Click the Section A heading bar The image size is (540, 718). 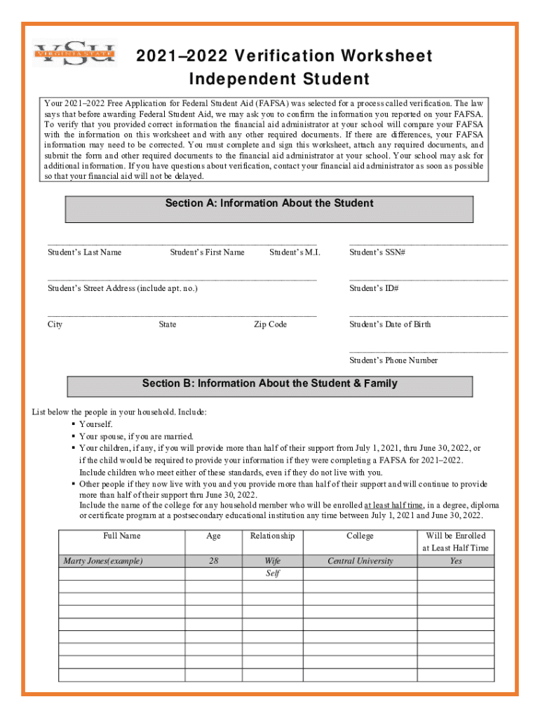[269, 209]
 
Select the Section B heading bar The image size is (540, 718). [269, 386]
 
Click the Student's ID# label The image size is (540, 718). [374, 288]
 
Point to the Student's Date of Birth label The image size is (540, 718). [390, 325]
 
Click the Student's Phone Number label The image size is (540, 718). [393, 360]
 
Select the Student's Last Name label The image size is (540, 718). [84, 252]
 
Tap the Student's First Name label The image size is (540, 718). [207, 252]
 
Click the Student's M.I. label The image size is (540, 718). [295, 252]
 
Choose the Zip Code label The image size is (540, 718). [270, 325]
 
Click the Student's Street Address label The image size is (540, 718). [122, 288]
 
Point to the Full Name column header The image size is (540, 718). [121, 536]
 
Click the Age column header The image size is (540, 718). [213, 536]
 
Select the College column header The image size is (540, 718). [360, 536]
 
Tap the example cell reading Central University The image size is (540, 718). [360, 561]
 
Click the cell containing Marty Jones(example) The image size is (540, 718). [103, 561]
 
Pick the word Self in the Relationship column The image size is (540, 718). [272, 574]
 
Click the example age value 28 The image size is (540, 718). [213, 561]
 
